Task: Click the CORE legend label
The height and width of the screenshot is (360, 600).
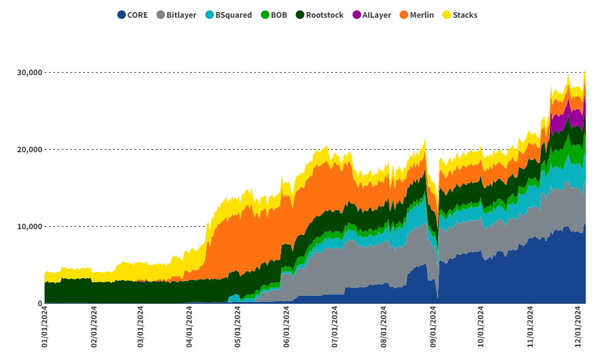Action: point(137,15)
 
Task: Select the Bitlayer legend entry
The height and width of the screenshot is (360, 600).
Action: point(181,15)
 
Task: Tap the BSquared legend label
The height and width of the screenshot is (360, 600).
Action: point(233,15)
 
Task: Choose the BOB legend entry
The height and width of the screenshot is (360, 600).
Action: point(279,15)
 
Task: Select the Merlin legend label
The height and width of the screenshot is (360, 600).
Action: point(422,15)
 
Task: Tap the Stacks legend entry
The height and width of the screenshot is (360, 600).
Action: point(465,15)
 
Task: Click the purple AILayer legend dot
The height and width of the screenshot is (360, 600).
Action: point(357,15)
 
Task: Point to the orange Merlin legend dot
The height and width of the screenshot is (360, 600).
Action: point(404,15)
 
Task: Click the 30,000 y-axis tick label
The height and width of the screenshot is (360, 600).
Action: point(29,73)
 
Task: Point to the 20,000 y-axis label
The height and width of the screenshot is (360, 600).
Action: point(29,150)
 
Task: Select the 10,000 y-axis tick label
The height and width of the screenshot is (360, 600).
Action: point(29,227)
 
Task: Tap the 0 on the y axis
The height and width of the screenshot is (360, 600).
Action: point(40,304)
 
